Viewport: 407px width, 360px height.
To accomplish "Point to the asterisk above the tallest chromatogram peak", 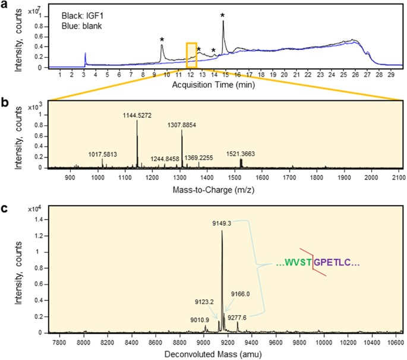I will click(223, 15).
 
